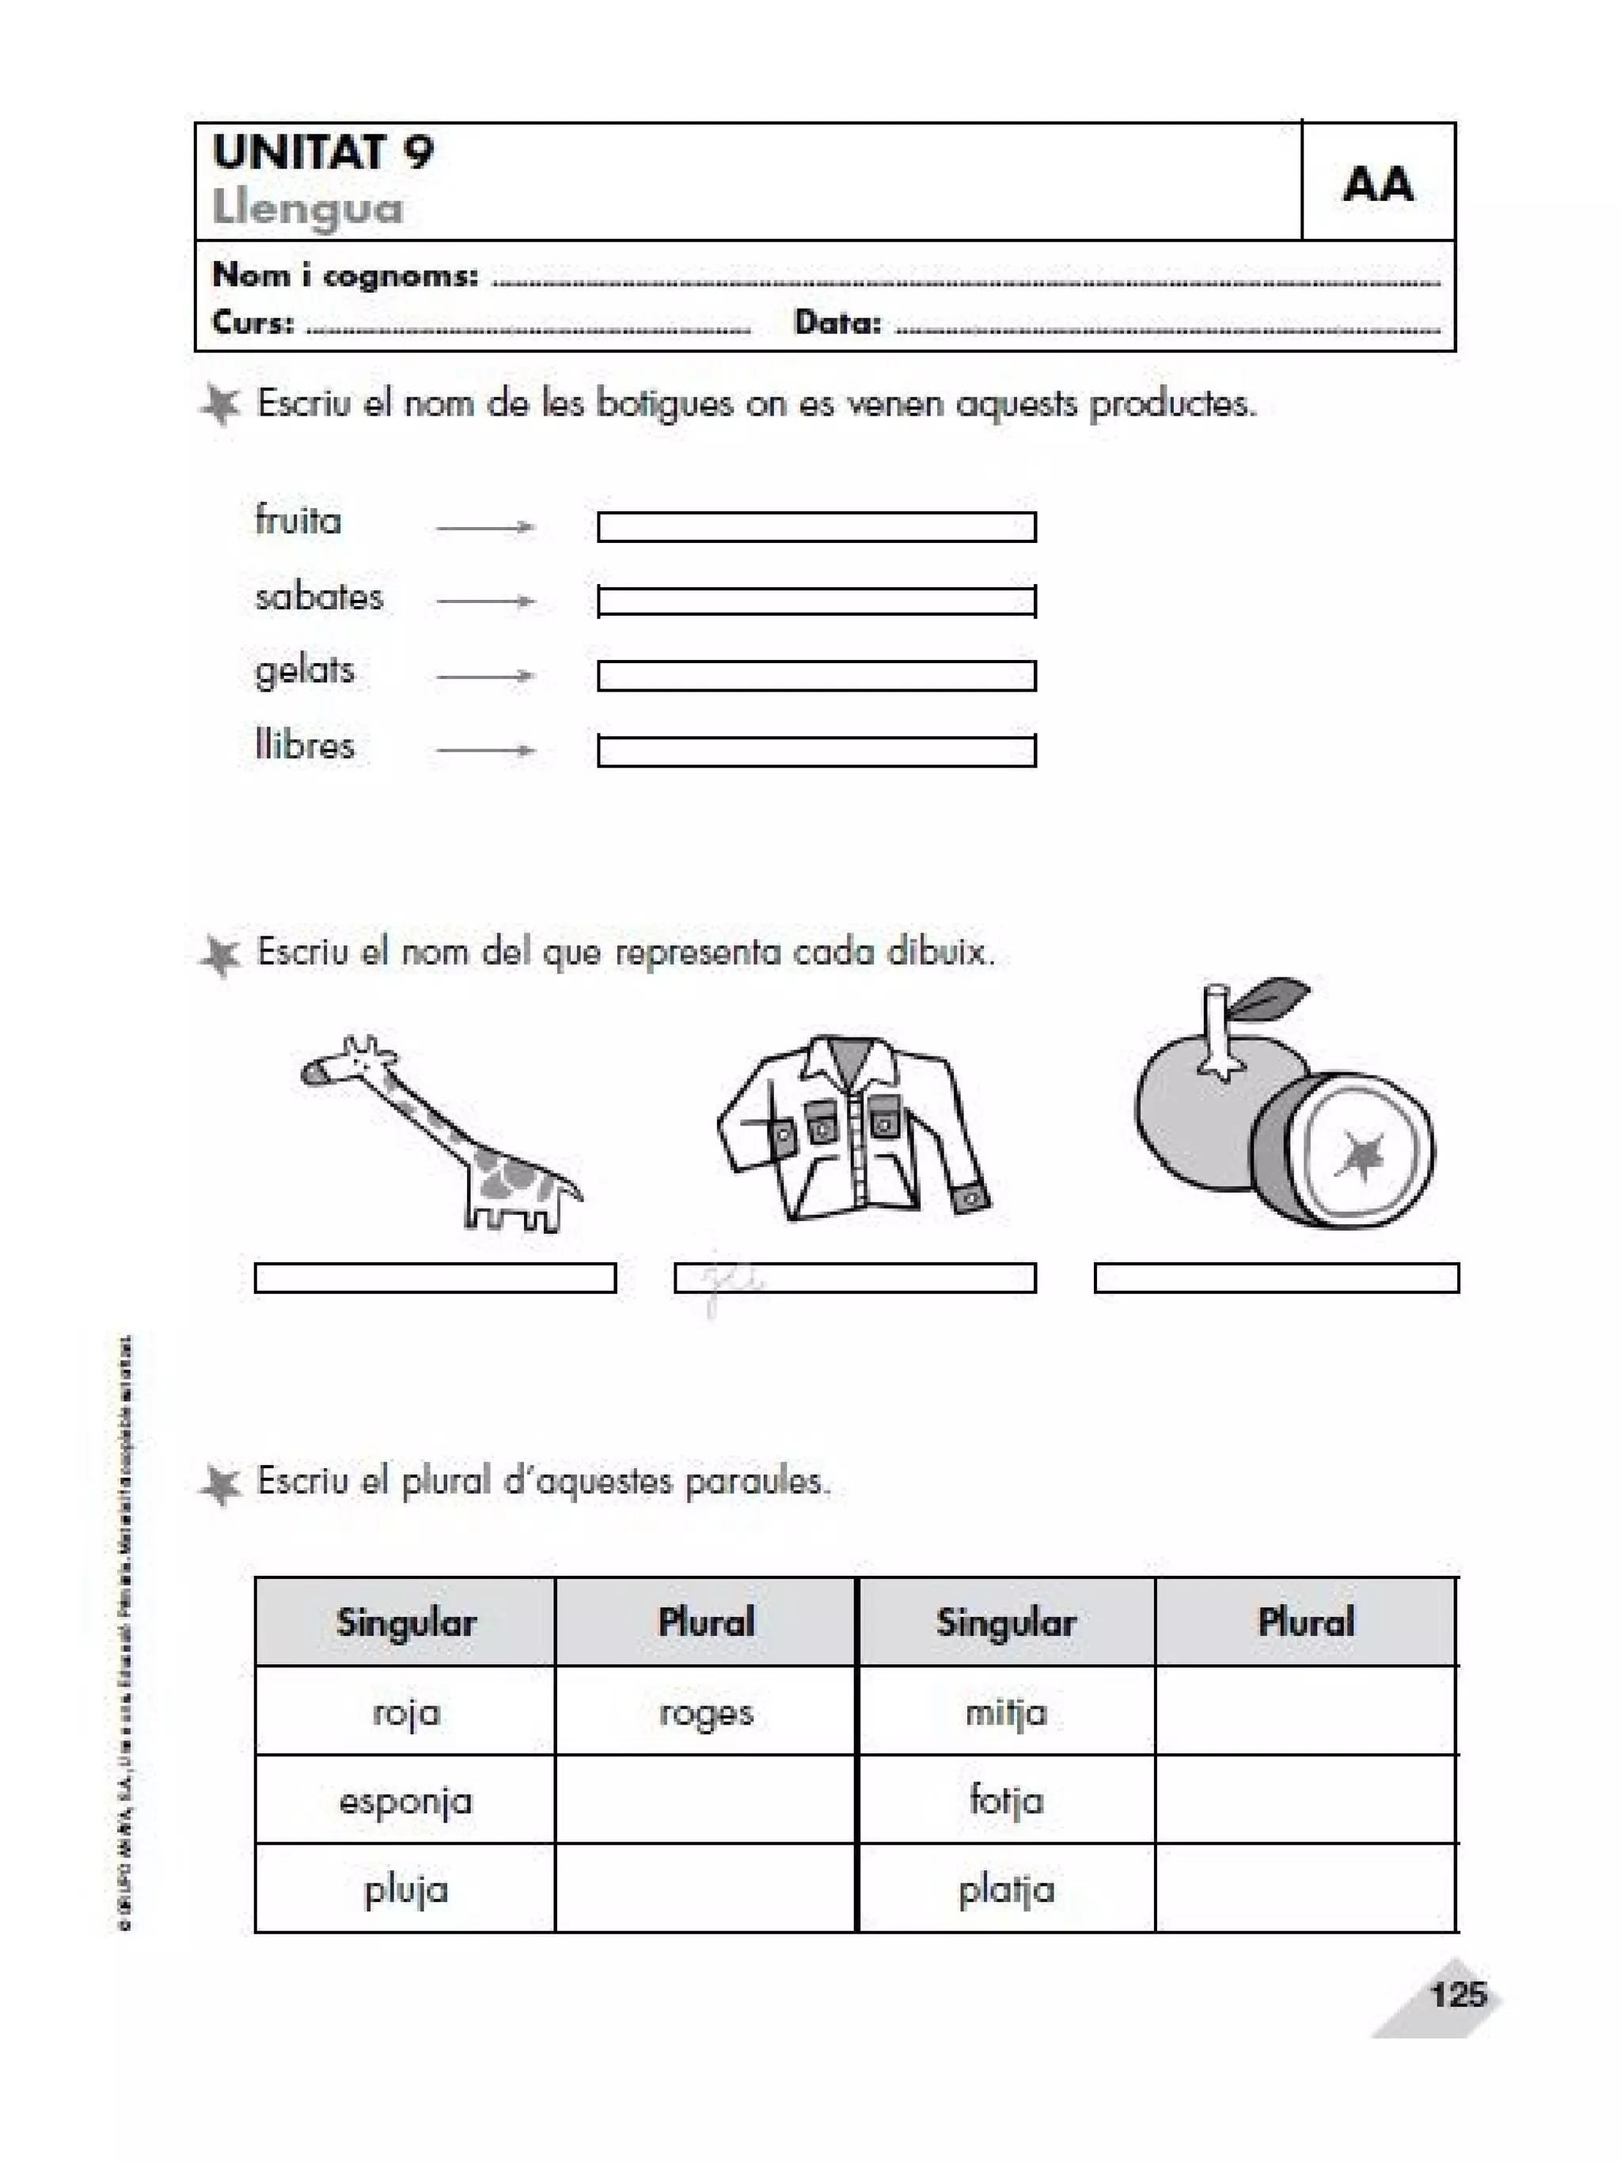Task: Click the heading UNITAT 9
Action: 323,153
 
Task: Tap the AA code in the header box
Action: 1376,184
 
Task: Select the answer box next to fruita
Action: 816,527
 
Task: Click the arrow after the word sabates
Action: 485,601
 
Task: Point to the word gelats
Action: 304,672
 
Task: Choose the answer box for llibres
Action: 816,751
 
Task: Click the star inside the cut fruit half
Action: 1360,1154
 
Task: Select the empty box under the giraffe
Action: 435,1278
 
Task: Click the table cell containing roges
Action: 706,1713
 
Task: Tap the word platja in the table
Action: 1006,1889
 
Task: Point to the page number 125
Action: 1456,1994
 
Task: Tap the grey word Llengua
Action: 307,208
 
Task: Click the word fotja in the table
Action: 1006,1801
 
